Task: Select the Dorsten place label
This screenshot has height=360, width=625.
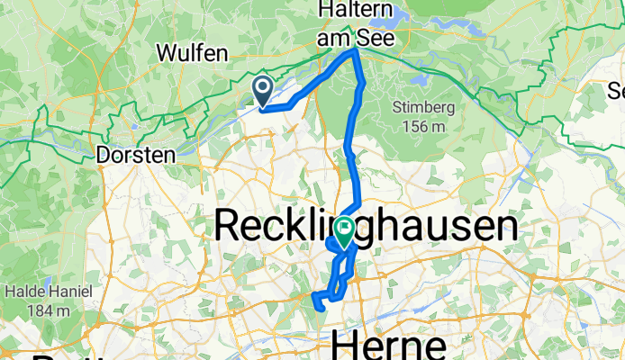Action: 134,155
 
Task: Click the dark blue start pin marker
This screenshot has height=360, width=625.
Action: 263,90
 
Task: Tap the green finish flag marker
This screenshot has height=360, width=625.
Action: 345,231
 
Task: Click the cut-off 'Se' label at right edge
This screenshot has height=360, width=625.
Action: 616,91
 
